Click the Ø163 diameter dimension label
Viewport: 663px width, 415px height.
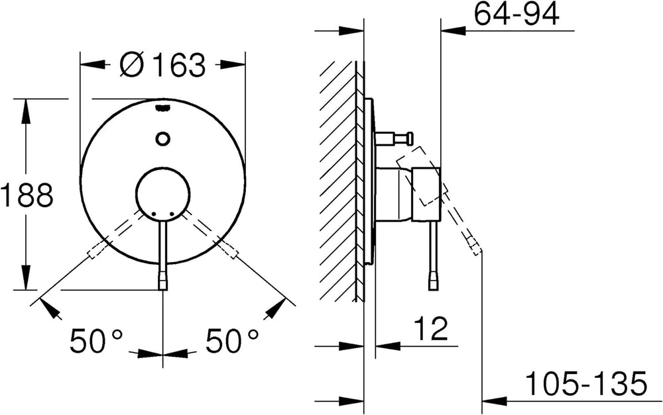tap(162, 65)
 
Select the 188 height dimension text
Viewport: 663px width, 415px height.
tap(27, 195)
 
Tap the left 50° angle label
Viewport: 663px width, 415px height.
tap(96, 341)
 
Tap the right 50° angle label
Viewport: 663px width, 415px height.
tap(232, 341)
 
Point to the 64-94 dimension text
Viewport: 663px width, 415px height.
tap(516, 14)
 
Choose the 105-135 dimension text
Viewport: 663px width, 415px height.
tap(587, 383)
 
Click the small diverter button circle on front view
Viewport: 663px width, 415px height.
tap(162, 138)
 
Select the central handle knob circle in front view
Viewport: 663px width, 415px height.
tap(163, 194)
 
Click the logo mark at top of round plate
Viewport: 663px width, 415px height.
tap(163, 108)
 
